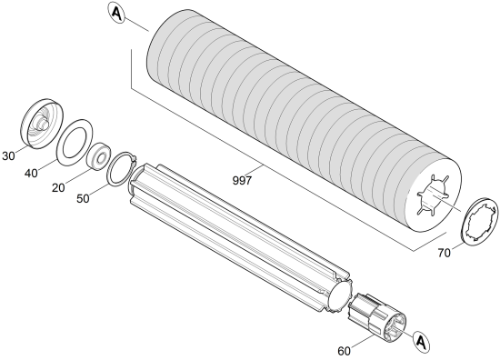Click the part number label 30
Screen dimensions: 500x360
tap(8, 156)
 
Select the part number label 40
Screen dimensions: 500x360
tap(31, 174)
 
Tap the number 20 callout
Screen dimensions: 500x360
tap(58, 188)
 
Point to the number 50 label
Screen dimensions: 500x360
tap(83, 199)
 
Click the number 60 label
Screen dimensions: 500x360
tap(344, 351)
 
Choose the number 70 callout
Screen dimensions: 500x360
tap(445, 253)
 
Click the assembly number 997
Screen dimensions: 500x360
tap(242, 181)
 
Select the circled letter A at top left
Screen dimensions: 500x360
tap(116, 13)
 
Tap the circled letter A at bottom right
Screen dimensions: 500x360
tap(421, 342)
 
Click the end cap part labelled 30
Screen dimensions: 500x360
tap(42, 124)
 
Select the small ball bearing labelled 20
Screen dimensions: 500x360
tap(99, 156)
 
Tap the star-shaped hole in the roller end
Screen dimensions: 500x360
tap(433, 195)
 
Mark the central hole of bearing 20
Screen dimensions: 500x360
tap(103, 157)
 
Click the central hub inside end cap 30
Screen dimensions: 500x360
tap(41, 123)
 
